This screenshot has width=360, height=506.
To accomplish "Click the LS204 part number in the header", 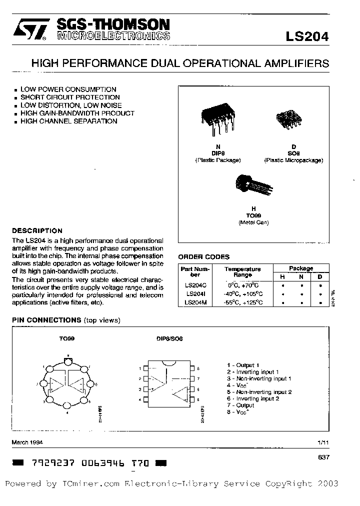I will (x=307, y=36).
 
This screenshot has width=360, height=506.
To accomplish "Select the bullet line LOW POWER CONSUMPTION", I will (x=68, y=89).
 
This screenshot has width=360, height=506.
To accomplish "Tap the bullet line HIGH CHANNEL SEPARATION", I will (x=68, y=121).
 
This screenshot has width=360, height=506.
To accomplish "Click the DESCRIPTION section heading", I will (x=37, y=231).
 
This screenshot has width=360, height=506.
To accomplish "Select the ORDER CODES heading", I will (x=204, y=257).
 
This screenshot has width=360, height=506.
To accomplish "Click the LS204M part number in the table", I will (x=195, y=302).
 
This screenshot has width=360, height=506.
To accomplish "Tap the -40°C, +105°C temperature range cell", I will (x=242, y=294).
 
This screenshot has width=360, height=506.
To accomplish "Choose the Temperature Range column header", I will (x=242, y=272).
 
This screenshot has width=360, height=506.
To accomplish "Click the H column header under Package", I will (x=283, y=276).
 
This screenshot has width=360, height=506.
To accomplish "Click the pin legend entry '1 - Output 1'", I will (x=243, y=365).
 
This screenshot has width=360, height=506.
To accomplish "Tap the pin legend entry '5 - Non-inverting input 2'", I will (x=259, y=392).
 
